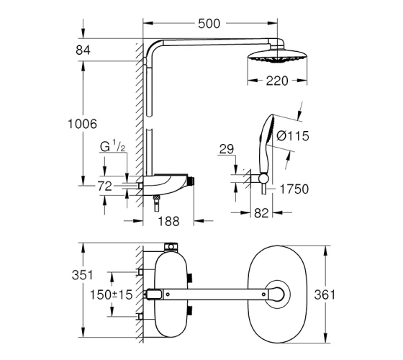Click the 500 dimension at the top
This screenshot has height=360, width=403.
pyautogui.click(x=209, y=24)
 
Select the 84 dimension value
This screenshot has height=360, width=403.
pyautogui.click(x=83, y=50)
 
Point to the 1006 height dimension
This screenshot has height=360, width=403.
pyautogui.click(x=82, y=124)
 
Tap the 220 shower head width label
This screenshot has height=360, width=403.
pyautogui.click(x=277, y=81)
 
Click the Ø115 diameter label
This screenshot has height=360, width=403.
pyautogui.click(x=293, y=136)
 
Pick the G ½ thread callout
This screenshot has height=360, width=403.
pyautogui.click(x=112, y=147)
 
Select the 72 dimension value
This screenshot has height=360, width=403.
pyautogui.click(x=104, y=186)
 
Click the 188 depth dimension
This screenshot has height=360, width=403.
pyautogui.click(x=168, y=222)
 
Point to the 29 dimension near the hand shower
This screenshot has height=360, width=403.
pyautogui.click(x=227, y=149)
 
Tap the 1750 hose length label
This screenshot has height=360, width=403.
pyautogui.click(x=294, y=189)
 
